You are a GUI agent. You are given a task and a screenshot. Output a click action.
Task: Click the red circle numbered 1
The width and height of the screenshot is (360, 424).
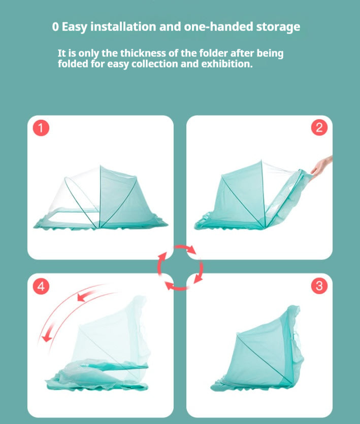41,128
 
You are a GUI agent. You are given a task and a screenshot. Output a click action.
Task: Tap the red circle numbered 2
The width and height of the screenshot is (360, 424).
319,128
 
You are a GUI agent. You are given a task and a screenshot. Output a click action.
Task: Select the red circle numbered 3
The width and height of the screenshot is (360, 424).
319,286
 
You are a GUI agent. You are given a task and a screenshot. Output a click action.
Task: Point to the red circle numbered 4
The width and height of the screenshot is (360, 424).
41,286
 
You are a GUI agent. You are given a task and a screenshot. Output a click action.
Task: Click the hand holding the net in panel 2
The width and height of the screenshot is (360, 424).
321,165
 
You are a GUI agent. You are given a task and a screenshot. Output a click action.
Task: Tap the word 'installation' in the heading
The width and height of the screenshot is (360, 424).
123,27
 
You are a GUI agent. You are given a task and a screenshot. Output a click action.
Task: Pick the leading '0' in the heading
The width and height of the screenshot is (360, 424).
55,27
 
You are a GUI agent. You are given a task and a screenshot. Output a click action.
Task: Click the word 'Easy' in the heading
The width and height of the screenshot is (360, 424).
75,27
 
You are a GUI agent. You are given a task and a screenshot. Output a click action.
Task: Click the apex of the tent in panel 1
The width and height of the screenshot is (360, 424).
100,165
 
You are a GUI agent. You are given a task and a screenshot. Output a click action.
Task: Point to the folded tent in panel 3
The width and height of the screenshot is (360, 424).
257,349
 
